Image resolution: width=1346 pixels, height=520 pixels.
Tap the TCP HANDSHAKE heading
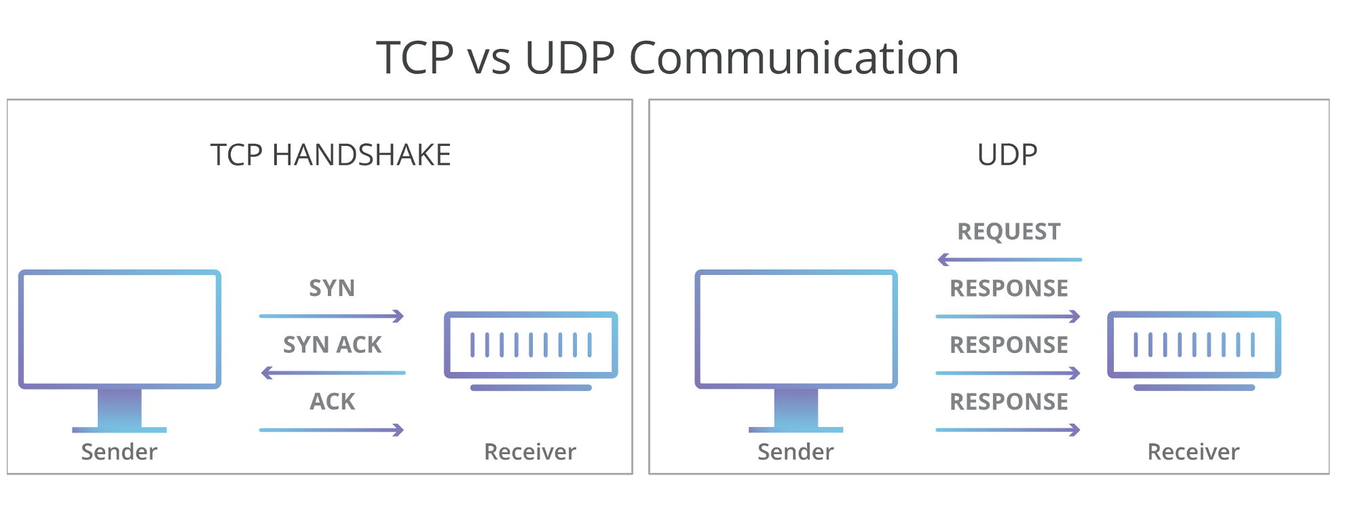click(331, 155)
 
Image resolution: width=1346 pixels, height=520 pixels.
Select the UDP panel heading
click(1007, 155)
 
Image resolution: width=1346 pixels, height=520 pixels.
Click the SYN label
click(332, 288)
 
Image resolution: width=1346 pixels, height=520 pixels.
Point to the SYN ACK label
click(332, 345)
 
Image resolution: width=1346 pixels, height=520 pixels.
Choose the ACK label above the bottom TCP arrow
click(332, 401)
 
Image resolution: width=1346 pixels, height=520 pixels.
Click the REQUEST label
click(1009, 231)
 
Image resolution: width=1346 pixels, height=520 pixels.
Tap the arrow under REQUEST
click(1009, 259)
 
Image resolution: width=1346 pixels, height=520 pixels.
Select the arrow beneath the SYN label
click(332, 316)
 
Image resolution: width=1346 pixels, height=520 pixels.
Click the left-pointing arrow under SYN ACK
click(333, 373)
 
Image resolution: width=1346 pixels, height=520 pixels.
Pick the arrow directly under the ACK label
click(332, 430)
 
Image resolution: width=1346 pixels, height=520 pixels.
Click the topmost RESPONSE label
click(1009, 288)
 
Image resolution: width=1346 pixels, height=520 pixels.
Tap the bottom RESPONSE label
click(1009, 401)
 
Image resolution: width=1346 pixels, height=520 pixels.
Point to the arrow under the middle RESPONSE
click(1008, 373)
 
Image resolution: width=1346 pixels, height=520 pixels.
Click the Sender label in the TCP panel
click(119, 451)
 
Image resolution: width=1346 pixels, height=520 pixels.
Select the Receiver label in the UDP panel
click(1193, 451)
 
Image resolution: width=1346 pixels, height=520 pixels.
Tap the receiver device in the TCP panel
click(531, 350)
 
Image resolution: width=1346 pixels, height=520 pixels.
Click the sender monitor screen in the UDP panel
click(796, 329)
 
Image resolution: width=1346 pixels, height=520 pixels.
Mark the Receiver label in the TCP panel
click(530, 451)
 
